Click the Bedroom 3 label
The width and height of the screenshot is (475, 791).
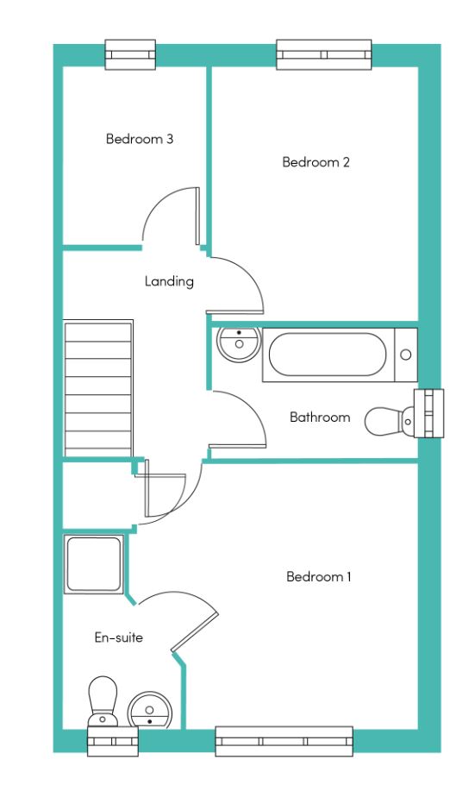(140, 139)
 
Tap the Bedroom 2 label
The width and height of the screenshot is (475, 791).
(316, 162)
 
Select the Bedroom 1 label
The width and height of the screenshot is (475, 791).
(319, 576)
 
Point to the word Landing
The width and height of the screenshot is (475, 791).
(169, 281)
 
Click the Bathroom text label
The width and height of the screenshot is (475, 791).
(320, 417)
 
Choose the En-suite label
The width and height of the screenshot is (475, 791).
(118, 637)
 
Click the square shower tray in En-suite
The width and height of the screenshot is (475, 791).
(94, 564)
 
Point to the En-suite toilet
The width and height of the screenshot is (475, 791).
(103, 701)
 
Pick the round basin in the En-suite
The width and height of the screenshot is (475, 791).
(150, 710)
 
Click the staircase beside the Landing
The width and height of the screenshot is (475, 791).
(98, 388)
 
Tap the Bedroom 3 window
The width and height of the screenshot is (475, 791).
(130, 54)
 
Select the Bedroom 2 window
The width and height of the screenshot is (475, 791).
(324, 54)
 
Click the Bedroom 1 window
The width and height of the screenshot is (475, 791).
(284, 741)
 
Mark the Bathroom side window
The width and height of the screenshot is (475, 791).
(429, 413)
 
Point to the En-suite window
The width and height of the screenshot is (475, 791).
(113, 742)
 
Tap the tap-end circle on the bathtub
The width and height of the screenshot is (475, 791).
(406, 355)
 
